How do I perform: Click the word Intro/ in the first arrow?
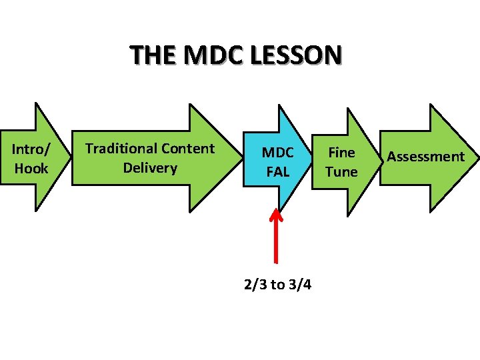point(31,149)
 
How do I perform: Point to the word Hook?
point(31,168)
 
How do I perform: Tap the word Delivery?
point(150,167)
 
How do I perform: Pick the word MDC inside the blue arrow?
point(277,153)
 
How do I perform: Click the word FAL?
point(277,171)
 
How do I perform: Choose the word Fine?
point(341,153)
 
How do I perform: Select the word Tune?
point(341,171)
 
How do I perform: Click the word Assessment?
point(425,157)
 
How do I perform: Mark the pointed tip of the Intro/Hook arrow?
point(69,158)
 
